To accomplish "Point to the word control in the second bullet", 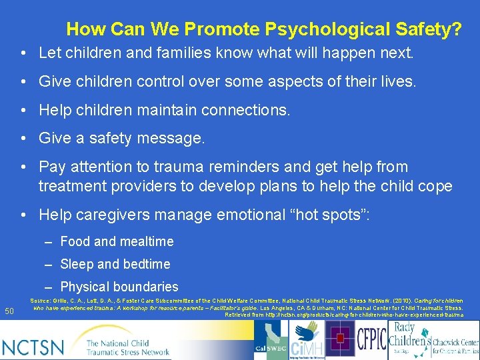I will [x=160, y=82].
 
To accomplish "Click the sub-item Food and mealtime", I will [x=117, y=241].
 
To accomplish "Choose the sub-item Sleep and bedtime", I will [x=115, y=264].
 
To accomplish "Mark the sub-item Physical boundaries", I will [x=119, y=287].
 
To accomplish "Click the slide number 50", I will [x=9, y=311].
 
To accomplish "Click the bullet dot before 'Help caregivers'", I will [x=23, y=215].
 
